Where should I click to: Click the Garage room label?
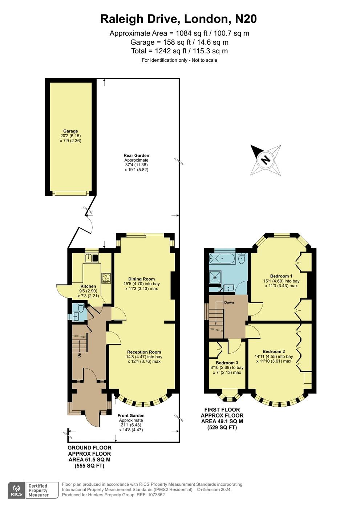click(70, 131)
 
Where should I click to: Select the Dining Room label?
click(141, 279)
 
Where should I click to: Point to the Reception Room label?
click(144, 352)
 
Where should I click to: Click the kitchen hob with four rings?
click(106, 278)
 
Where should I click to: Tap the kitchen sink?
click(88, 258)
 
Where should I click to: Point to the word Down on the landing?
click(229, 302)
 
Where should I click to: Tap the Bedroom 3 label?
click(227, 363)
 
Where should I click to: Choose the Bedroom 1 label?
click(281, 276)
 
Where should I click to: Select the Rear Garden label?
click(136, 155)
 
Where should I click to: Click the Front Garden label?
click(131, 416)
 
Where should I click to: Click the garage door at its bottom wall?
click(70, 193)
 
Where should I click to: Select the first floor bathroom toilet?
click(241, 258)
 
